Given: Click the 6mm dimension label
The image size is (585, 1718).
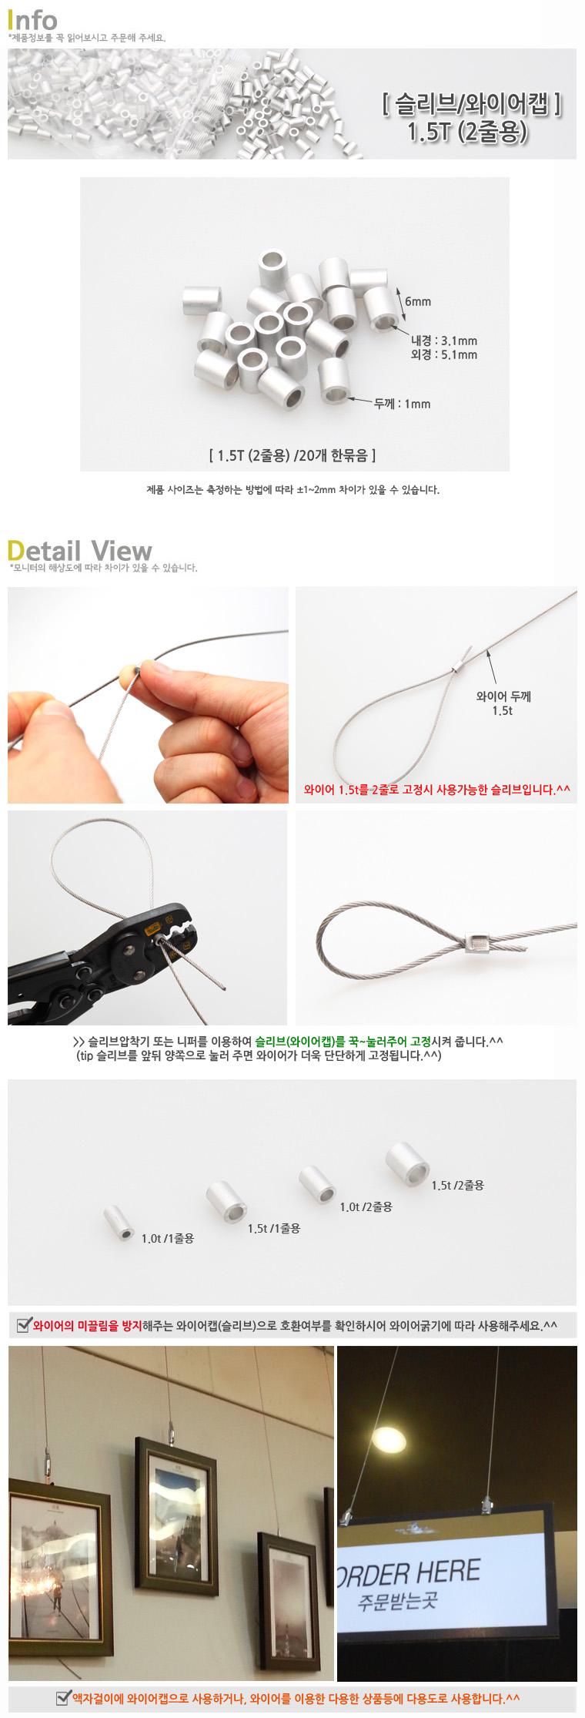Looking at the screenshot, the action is point(418,301).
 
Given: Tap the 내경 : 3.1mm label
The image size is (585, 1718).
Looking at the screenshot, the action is point(444,341).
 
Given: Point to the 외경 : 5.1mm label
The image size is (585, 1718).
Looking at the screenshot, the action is point(444,354).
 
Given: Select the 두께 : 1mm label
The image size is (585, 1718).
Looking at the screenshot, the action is point(402,404).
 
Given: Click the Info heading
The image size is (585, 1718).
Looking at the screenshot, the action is point(32,19).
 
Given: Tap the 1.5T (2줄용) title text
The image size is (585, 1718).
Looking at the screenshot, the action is point(468,132).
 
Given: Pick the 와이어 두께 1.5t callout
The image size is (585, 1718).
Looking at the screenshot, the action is point(503,703).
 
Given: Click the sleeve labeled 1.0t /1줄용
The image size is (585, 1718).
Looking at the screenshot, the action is point(119,1222).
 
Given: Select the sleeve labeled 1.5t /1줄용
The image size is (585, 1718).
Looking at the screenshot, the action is point(226,1201).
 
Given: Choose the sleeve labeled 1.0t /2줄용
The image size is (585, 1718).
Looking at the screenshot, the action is point(317,1184).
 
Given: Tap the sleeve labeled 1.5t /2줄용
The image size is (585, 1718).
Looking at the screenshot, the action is point(407,1163).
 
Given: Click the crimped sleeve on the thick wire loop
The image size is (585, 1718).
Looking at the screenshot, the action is point(476,941).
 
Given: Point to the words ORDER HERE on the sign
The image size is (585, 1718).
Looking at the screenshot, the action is point(409,1572).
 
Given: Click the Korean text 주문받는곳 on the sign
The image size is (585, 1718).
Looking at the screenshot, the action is point(397,1602).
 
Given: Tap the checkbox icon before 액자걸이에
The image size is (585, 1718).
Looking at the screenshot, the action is point(64,1697).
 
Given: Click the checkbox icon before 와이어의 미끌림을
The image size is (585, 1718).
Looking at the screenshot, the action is point(25,1324).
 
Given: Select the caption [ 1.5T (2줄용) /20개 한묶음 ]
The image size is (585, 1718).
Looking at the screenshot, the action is point(292,455).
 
